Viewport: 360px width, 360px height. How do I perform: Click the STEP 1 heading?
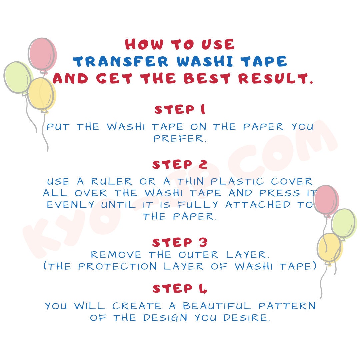click(x=180, y=110)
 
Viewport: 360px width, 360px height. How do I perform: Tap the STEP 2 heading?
click(x=180, y=164)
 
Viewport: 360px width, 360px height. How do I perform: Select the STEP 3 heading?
click(x=180, y=242)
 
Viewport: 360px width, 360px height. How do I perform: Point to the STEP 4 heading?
click(x=180, y=289)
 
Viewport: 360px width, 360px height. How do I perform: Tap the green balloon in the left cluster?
click(x=17, y=77)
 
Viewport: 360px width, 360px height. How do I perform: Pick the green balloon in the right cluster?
click(x=343, y=223)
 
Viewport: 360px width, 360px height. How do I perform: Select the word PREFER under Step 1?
click(x=180, y=139)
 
